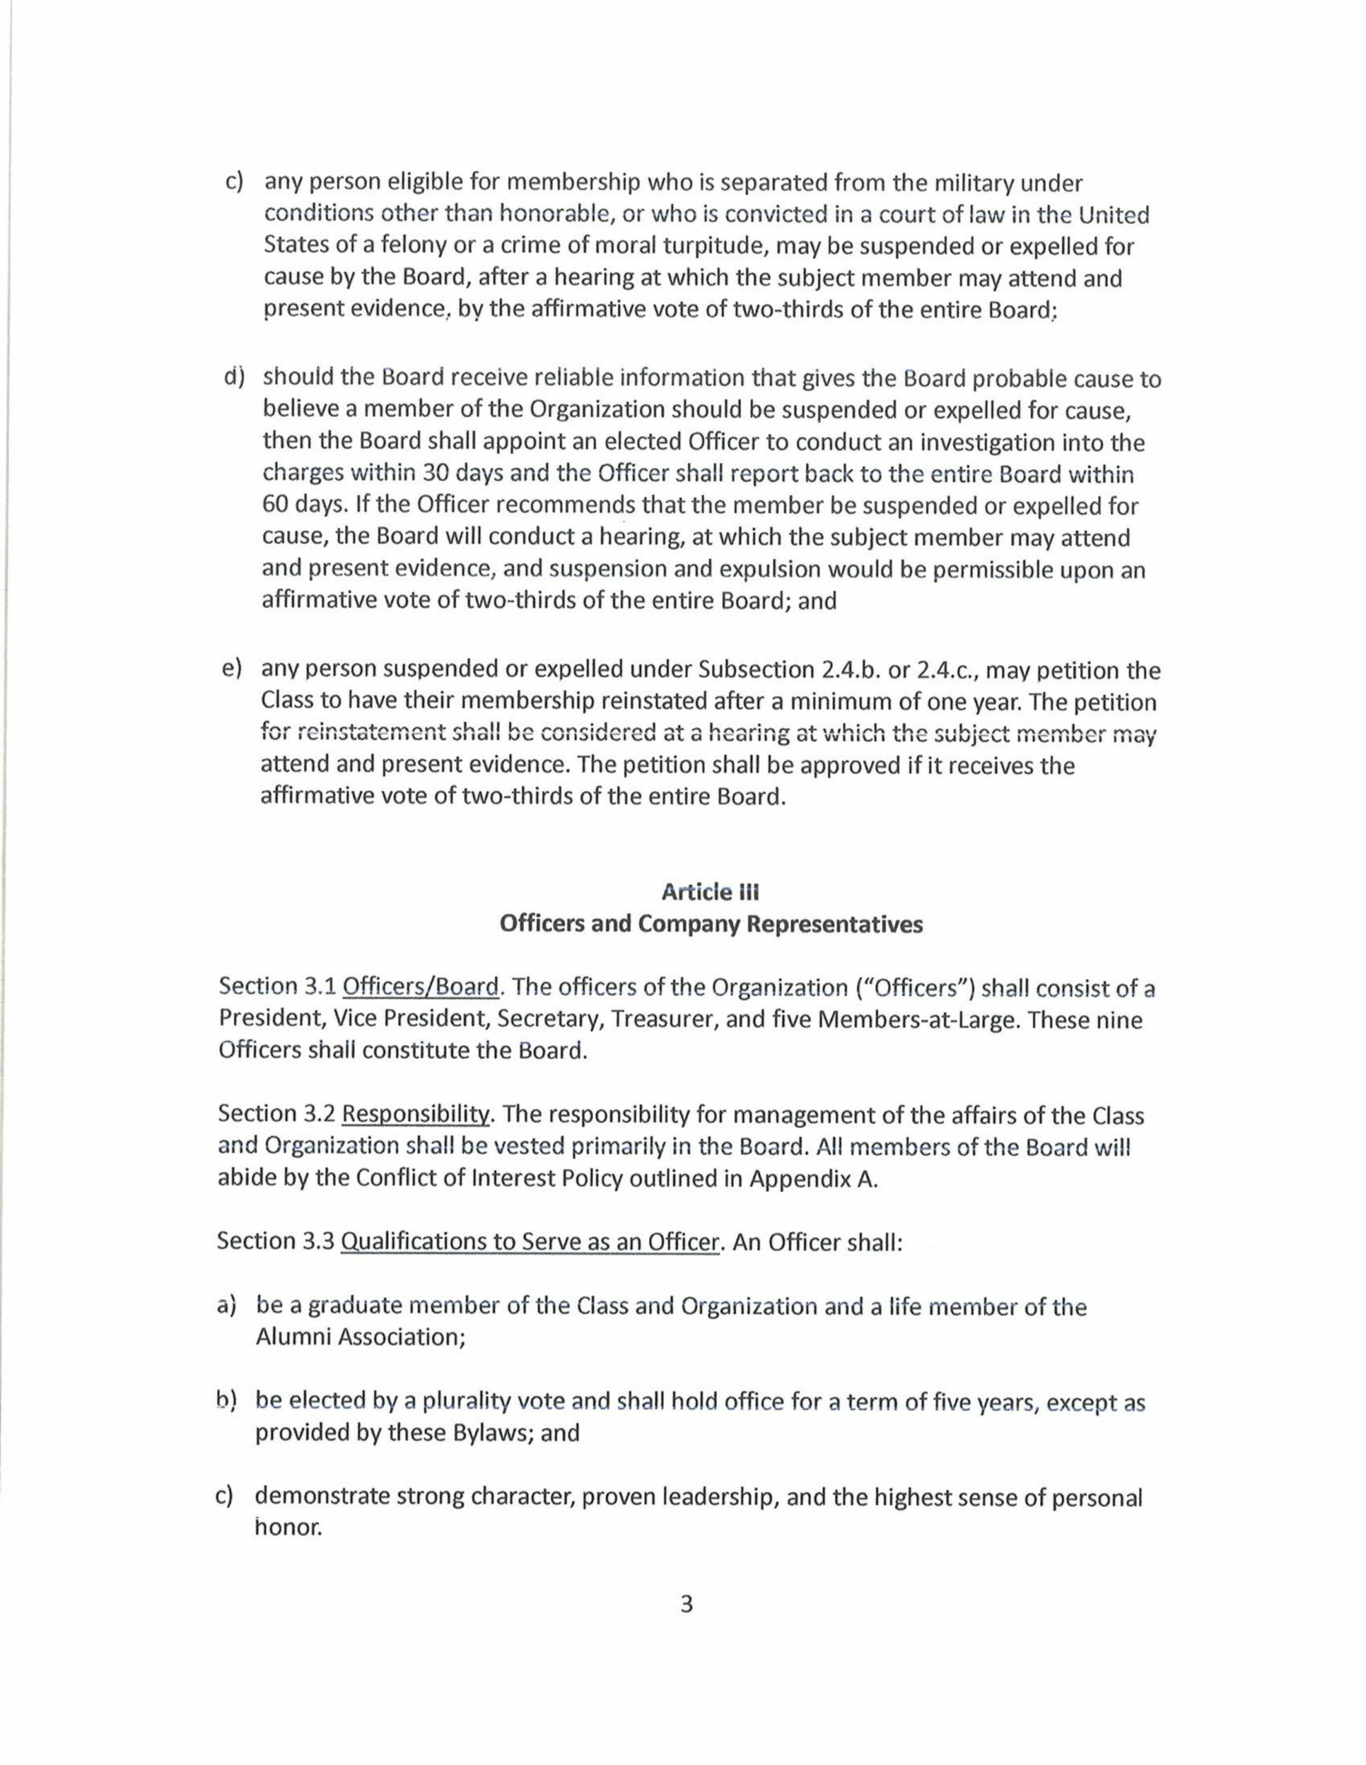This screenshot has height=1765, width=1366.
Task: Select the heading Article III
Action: pos(710,892)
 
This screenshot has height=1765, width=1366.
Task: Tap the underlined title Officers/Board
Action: pos(421,987)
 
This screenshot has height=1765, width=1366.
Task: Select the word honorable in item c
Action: pos(552,215)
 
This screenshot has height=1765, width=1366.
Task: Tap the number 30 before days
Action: pos(441,475)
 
